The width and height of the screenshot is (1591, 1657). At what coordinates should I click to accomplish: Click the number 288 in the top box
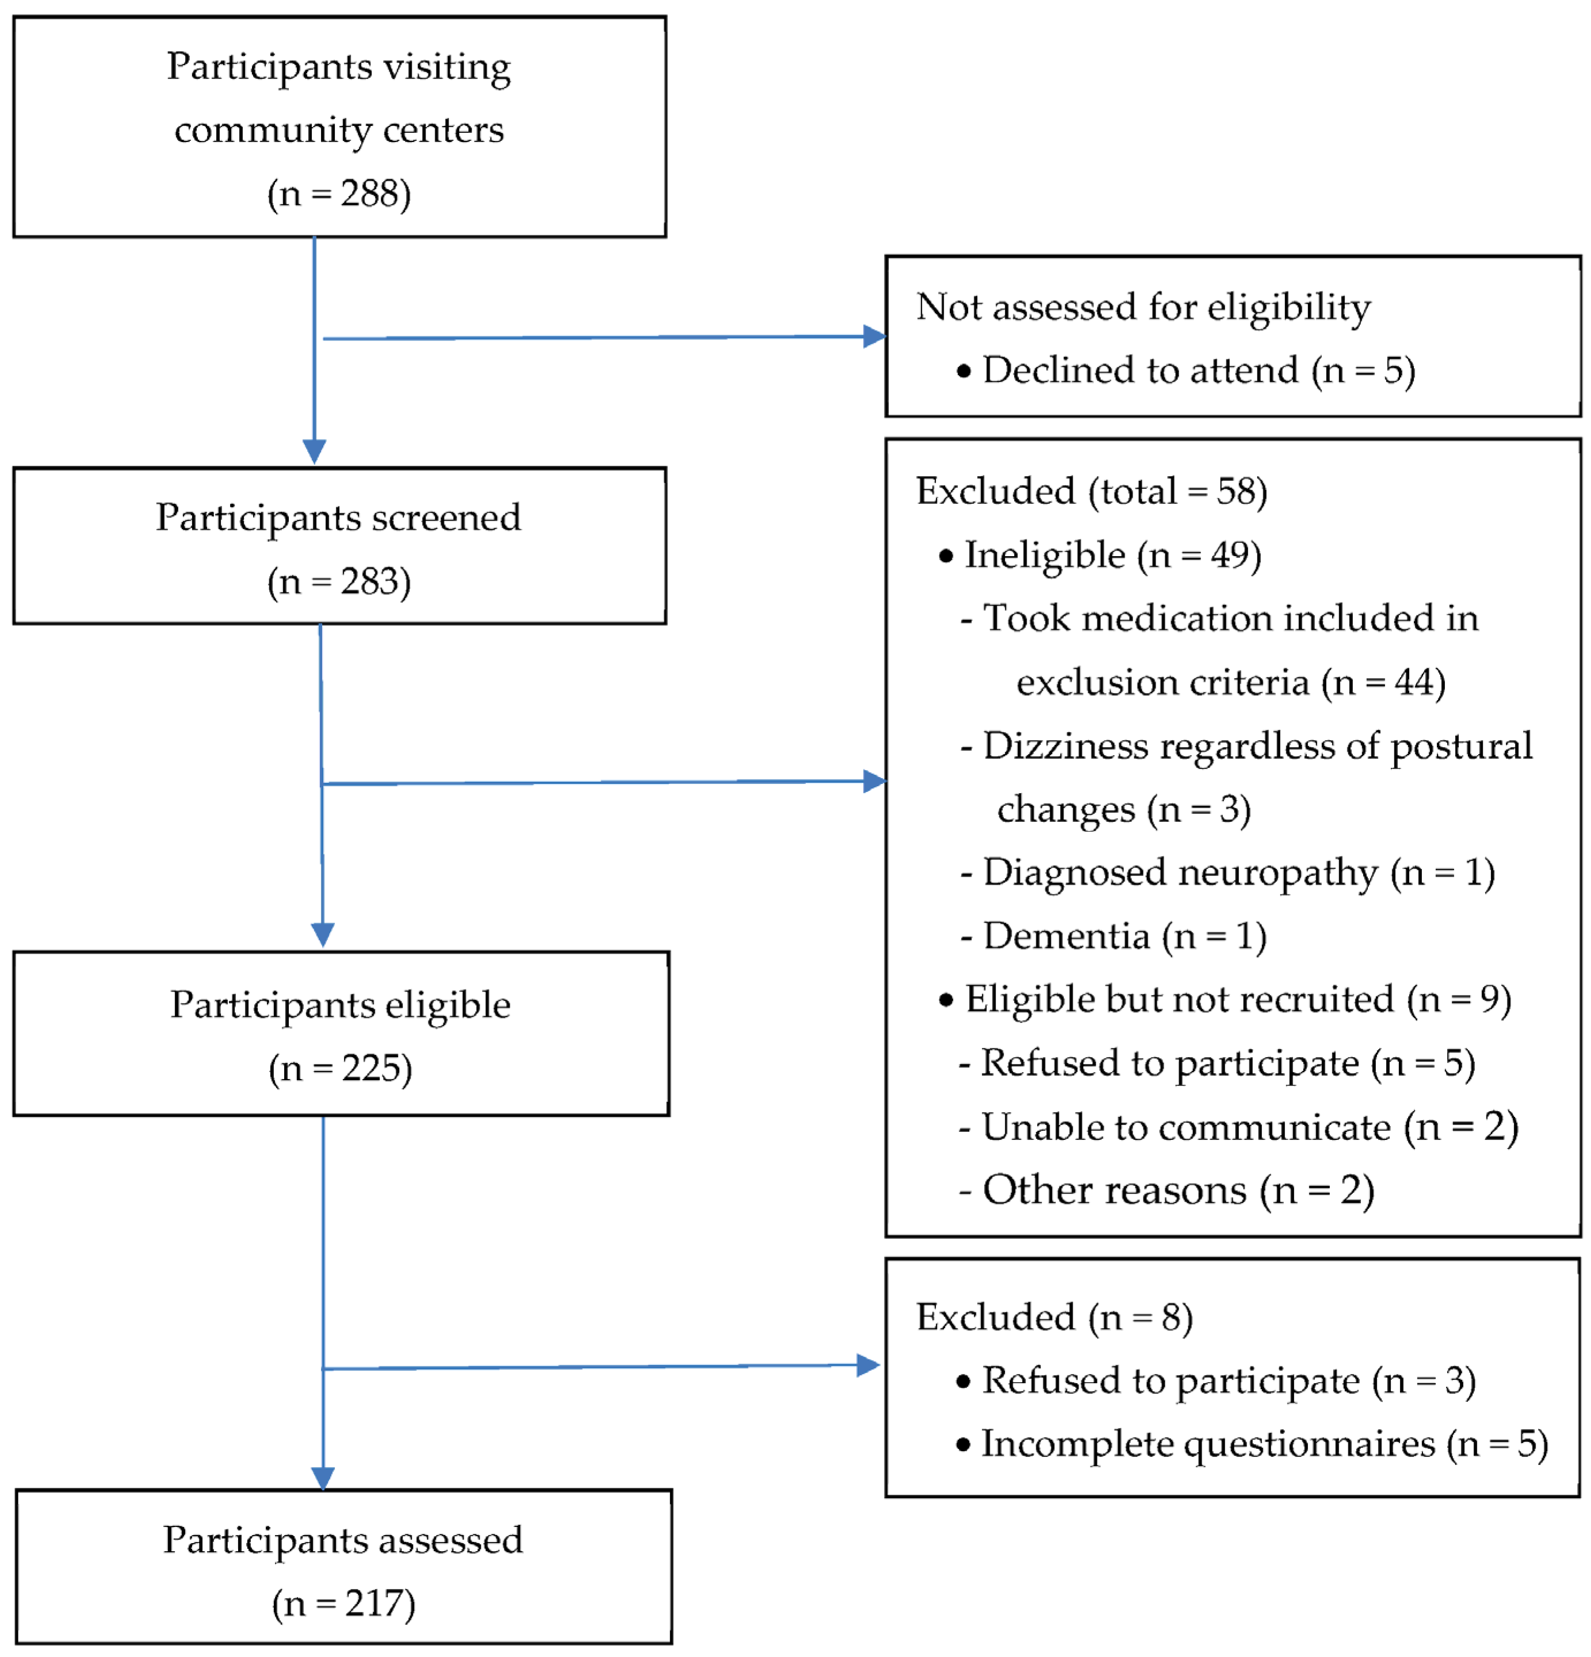click(x=369, y=194)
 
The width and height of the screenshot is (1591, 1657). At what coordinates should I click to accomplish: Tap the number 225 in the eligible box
click(x=370, y=1069)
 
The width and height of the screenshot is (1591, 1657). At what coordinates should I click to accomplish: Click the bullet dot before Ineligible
click(x=946, y=556)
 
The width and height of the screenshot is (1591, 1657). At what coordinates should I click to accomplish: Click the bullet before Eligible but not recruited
click(x=946, y=1000)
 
